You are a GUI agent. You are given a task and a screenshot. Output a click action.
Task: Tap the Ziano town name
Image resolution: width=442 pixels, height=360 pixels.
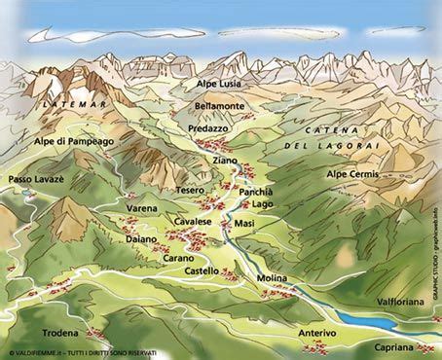(223, 160)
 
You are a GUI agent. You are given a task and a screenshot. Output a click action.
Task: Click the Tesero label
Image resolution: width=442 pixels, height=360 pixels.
(191, 191)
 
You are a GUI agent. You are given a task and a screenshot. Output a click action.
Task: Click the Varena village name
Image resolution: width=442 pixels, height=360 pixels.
(142, 207)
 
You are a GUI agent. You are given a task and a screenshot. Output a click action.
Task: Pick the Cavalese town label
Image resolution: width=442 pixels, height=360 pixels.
(193, 223)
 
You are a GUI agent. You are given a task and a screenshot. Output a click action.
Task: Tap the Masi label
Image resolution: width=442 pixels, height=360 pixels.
(244, 225)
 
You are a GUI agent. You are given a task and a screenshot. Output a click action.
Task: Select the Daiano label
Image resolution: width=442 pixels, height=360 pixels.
(142, 238)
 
